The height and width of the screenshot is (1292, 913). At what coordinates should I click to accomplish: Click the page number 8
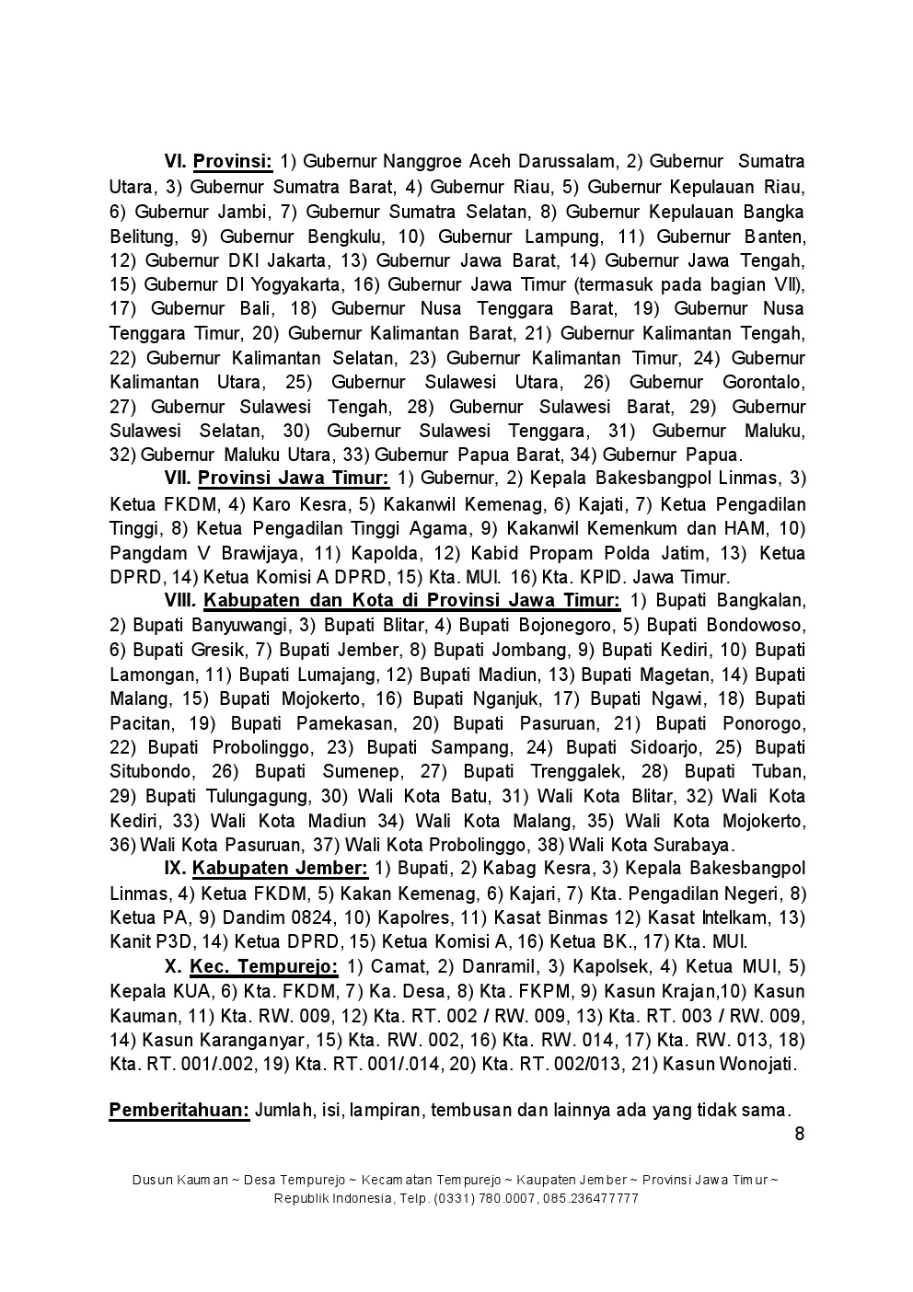(x=799, y=1133)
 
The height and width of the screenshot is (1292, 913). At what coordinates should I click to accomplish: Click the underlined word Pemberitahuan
(x=179, y=1110)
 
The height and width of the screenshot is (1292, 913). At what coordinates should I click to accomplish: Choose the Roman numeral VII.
(x=177, y=479)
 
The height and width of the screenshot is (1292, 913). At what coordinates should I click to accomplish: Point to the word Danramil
(x=501, y=967)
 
